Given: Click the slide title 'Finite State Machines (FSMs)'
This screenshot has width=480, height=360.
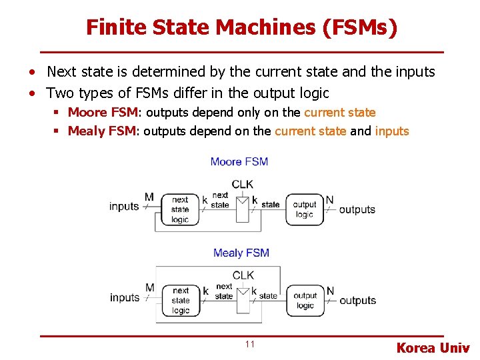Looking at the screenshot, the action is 241,27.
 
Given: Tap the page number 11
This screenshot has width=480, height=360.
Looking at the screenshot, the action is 249,344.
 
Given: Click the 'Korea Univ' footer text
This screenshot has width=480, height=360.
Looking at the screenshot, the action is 433,347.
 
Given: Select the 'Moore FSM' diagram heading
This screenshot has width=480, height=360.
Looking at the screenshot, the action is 239,161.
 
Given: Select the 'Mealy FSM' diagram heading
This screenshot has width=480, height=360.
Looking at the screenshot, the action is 241,253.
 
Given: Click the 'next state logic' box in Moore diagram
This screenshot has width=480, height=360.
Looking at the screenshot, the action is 180,209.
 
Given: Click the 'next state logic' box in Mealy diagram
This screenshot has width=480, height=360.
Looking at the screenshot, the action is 181,300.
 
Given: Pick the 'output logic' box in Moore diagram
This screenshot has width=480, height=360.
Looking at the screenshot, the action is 304,209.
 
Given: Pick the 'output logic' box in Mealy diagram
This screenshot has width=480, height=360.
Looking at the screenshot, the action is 305,300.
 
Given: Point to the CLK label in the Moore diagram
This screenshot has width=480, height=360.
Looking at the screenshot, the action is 243,184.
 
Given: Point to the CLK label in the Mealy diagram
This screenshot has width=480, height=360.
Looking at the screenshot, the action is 243,275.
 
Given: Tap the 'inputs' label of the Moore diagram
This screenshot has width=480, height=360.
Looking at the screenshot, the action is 124,207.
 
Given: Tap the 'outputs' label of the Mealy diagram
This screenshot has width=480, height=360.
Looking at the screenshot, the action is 358,301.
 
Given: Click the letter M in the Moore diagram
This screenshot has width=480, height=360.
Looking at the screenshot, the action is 149,197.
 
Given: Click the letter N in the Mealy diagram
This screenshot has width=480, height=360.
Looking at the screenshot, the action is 330,290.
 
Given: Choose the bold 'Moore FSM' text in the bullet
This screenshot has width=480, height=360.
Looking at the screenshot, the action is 102,113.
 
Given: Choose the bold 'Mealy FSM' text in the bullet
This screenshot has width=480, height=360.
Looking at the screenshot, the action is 102,131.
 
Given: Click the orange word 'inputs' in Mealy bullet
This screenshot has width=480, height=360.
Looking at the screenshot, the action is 392,131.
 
